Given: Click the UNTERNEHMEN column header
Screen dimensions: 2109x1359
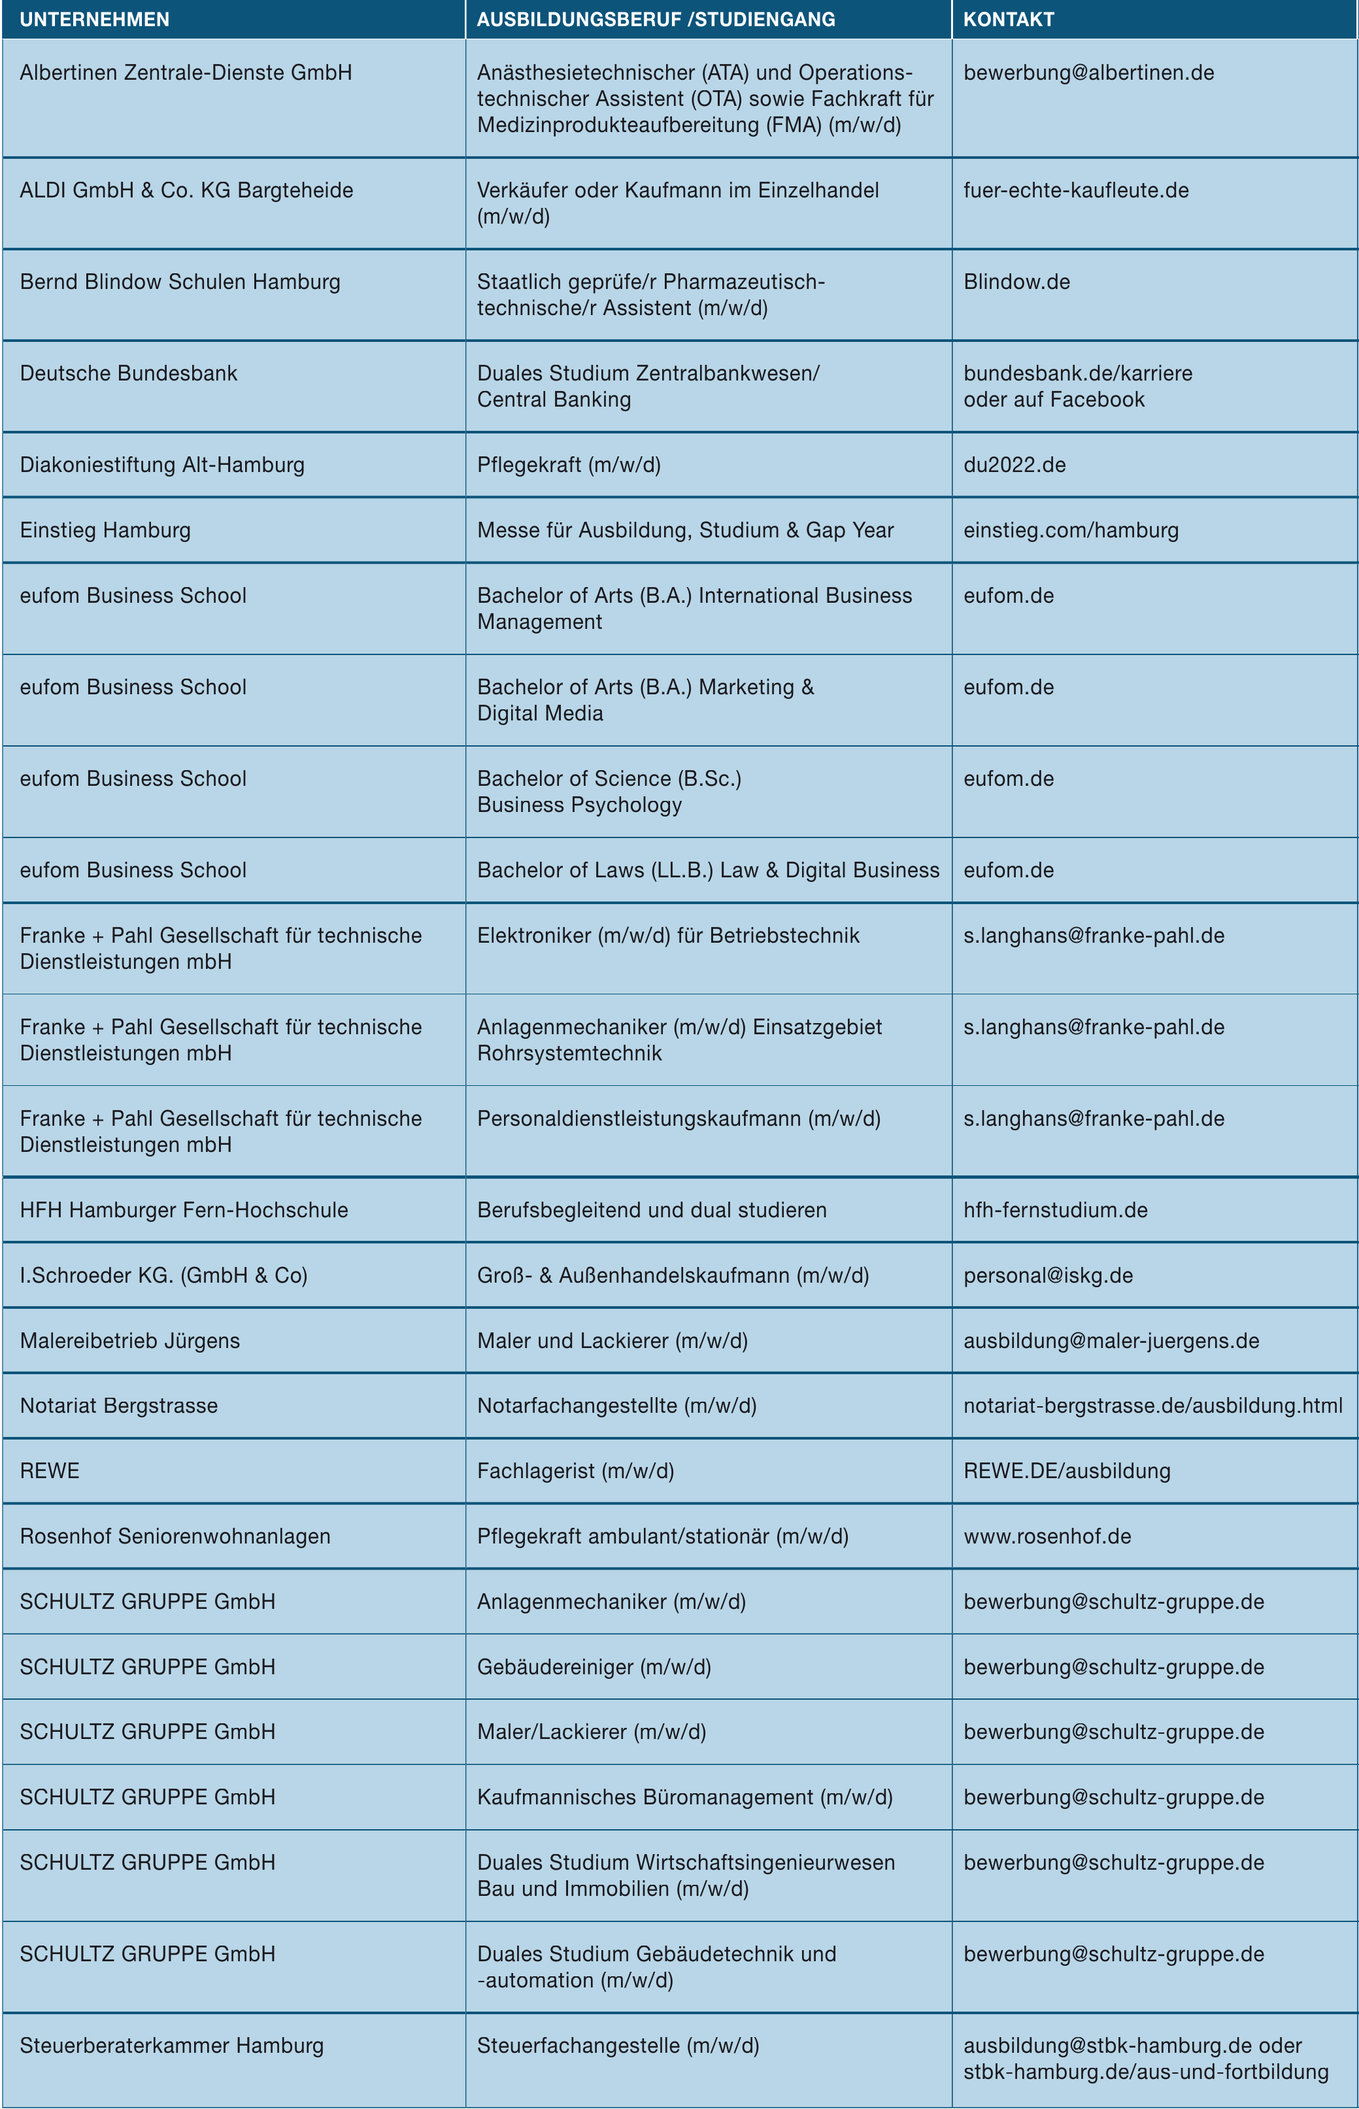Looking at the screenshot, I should click(x=94, y=20).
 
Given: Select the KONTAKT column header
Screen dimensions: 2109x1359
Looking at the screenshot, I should click(x=1009, y=20).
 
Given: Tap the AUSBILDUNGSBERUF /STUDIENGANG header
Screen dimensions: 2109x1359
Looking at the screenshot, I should click(x=656, y=20).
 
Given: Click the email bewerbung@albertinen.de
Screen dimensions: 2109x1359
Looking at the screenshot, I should click(x=1088, y=73).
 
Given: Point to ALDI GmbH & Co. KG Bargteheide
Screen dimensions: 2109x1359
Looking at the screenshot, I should click(x=186, y=191).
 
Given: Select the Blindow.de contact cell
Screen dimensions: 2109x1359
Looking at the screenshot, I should click(x=1016, y=282).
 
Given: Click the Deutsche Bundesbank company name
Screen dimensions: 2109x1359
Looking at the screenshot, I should click(x=129, y=373).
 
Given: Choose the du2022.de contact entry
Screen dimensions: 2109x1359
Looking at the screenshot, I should click(x=1014, y=465).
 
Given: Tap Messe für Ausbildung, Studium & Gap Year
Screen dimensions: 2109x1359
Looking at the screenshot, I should click(x=685, y=530).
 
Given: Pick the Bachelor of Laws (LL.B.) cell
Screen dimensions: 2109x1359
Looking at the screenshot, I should click(x=708, y=870).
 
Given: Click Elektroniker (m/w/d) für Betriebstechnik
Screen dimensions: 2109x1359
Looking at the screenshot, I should click(x=668, y=936).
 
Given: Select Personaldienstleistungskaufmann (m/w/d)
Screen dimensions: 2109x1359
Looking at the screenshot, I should click(x=679, y=1119).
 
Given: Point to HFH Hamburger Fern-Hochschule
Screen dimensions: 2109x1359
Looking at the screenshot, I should click(x=184, y=1210).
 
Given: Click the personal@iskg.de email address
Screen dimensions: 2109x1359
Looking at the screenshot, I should click(x=1047, y=1275).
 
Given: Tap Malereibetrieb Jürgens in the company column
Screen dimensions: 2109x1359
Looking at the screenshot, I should click(x=129, y=1340).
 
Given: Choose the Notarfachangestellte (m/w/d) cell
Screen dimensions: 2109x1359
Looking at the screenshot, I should click(x=617, y=1406).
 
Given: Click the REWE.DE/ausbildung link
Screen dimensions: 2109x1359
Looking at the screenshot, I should click(x=1067, y=1471).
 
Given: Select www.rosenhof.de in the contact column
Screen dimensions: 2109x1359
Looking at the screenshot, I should click(x=1047, y=1536).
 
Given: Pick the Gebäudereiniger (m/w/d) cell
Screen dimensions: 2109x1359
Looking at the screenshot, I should click(x=594, y=1667).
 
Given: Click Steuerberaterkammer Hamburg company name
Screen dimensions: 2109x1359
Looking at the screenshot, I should click(x=171, y=2046).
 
